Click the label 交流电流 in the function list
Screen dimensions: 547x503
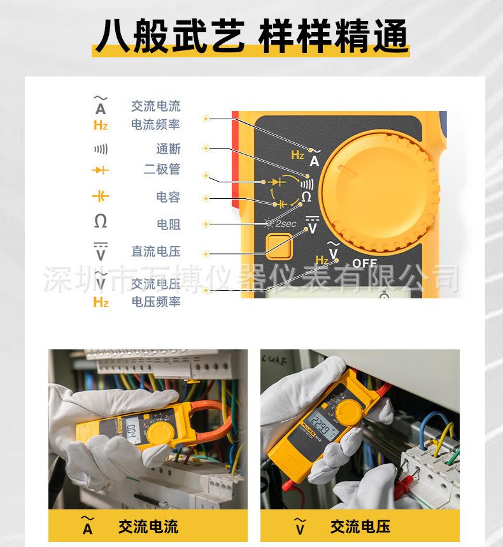tap(155, 106)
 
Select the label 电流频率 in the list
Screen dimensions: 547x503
tap(155, 125)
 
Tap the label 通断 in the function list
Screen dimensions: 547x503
tap(168, 149)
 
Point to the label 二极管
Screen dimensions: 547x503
tap(162, 170)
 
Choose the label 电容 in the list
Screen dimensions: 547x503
tap(168, 197)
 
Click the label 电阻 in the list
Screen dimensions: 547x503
tap(168, 224)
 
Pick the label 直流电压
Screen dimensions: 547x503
tap(155, 252)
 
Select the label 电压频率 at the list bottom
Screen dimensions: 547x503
tap(155, 302)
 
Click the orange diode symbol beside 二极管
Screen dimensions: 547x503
tap(101, 170)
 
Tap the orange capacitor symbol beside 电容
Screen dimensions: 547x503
tap(101, 196)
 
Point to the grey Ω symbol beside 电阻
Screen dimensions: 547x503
tap(101, 222)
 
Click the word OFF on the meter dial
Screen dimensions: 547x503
tap(365, 263)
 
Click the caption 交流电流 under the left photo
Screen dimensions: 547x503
tap(148, 527)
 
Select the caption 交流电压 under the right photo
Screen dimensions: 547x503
tap(360, 527)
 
